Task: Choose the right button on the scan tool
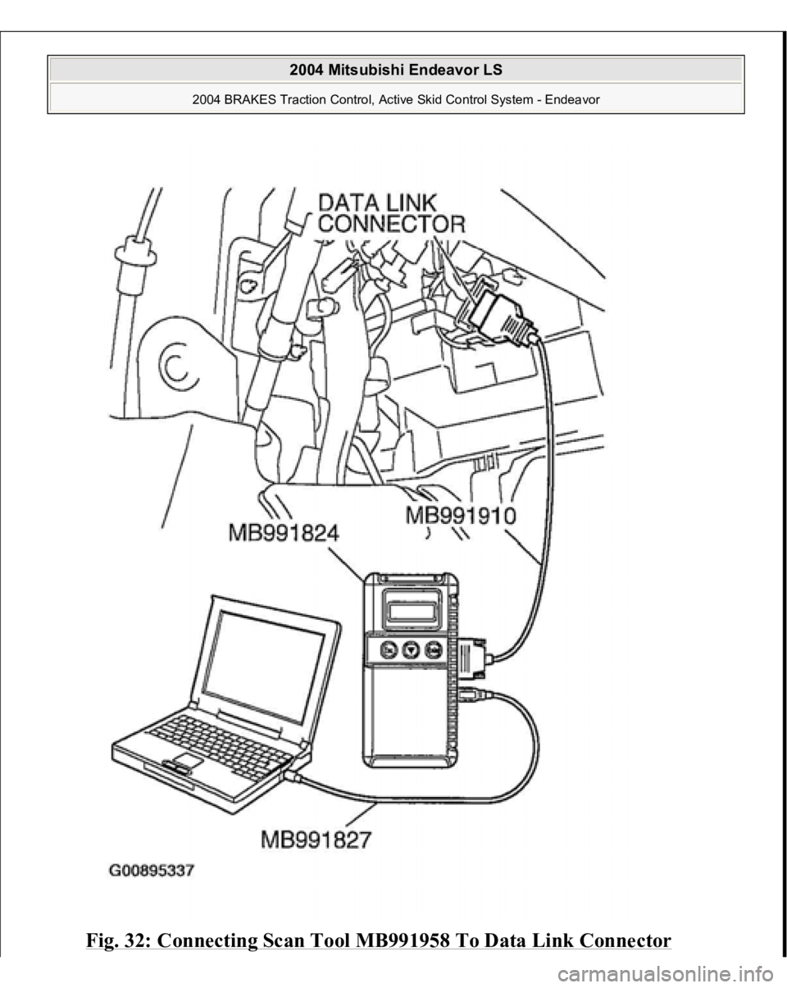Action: click(x=434, y=651)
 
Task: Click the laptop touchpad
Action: click(x=187, y=762)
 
